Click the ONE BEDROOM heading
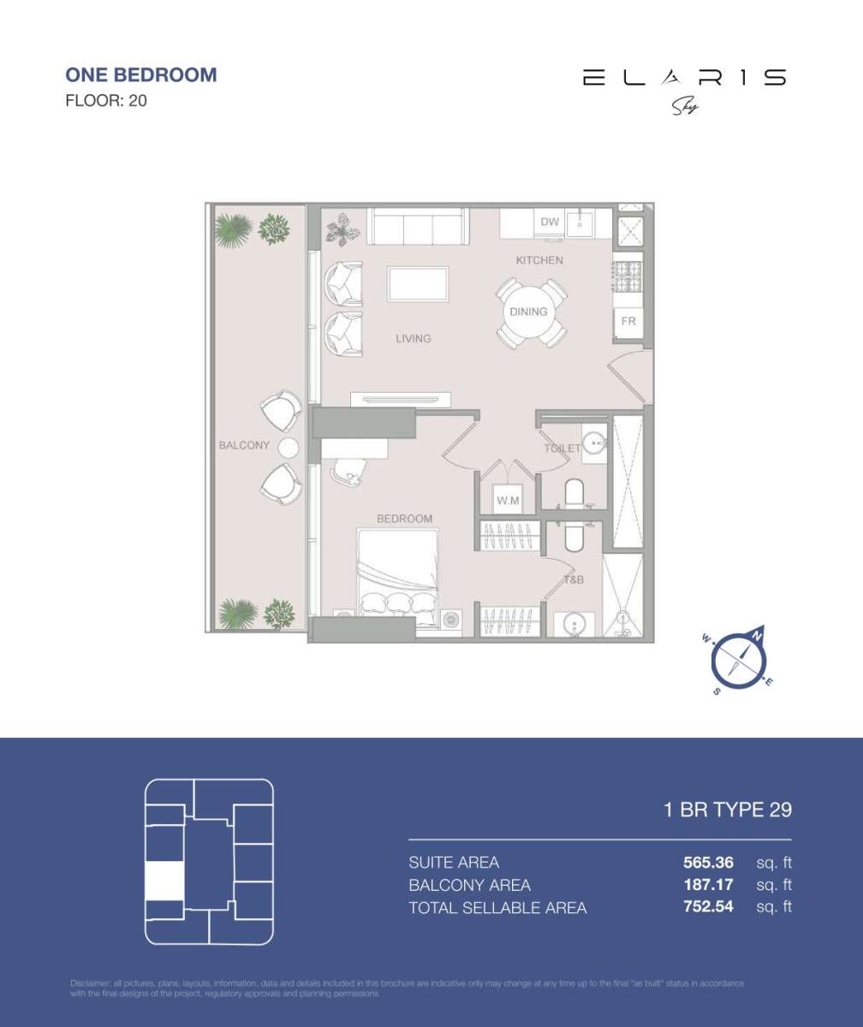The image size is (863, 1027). tap(140, 74)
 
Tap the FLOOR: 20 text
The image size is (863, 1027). tap(106, 101)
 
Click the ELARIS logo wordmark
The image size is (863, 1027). tap(683, 78)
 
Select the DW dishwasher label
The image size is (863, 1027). tap(550, 223)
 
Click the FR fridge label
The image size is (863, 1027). tap(628, 322)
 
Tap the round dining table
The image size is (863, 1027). tap(529, 312)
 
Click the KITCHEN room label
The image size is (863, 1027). tap(539, 260)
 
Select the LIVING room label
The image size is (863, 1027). tap(413, 339)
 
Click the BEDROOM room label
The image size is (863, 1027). tap(404, 519)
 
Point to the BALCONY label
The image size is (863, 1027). tap(244, 446)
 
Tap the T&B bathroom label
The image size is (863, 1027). tap(573, 580)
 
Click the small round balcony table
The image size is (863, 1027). tap(289, 448)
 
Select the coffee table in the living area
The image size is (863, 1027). tap(418, 284)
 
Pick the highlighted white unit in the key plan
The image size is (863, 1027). tap(164, 881)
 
